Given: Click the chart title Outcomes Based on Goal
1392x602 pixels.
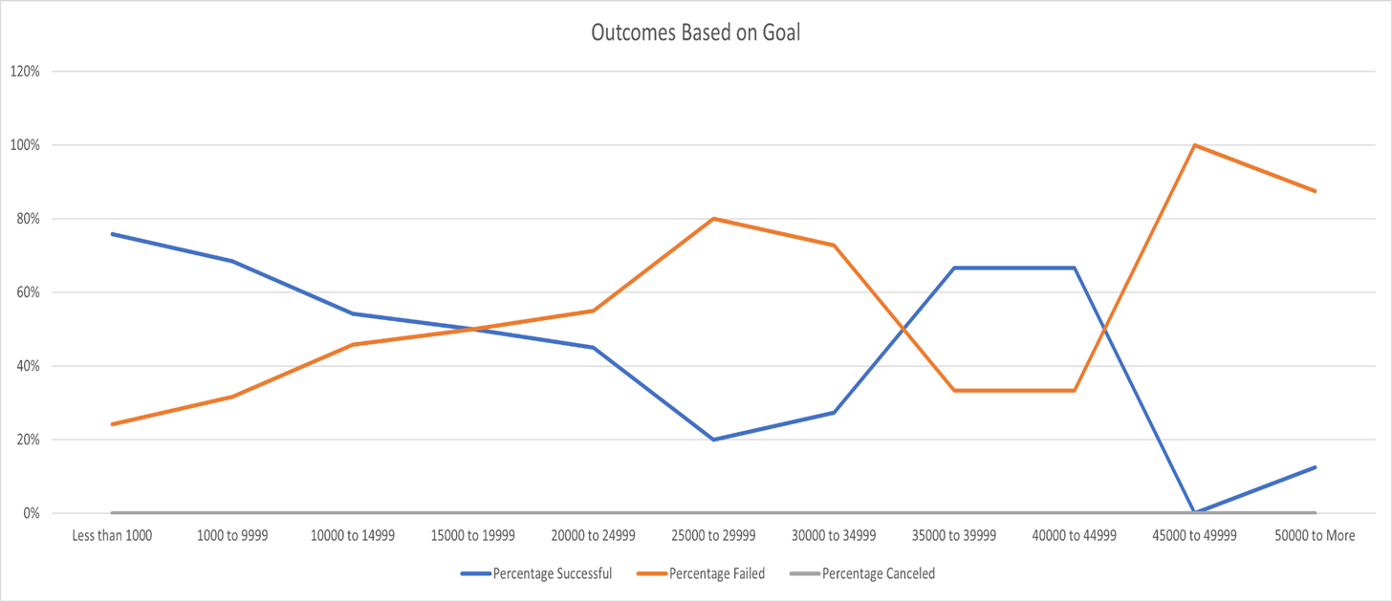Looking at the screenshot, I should tap(695, 32).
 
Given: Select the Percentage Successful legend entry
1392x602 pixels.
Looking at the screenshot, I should tap(552, 574).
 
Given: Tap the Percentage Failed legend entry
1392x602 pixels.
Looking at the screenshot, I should tap(716, 574).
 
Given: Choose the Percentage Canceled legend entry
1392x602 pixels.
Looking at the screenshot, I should tap(878, 574).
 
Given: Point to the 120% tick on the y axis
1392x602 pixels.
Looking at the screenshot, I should tap(25, 72).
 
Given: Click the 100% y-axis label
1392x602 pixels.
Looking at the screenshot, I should tap(25, 145).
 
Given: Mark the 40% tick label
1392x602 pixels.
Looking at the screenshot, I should tap(27, 366).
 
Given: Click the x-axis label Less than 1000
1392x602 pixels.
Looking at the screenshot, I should tap(112, 536).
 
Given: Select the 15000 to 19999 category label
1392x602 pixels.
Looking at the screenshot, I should tap(473, 536).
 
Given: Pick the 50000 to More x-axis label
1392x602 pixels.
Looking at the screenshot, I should tap(1316, 536).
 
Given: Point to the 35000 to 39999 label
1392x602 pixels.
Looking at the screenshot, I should tap(954, 536).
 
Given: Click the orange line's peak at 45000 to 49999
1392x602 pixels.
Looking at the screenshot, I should tap(1195, 145).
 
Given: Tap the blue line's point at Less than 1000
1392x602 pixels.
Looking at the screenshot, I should tap(112, 234).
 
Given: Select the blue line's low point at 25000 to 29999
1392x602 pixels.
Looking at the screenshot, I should tap(713, 440).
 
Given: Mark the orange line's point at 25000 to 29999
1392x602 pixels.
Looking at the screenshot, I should tap(713, 219).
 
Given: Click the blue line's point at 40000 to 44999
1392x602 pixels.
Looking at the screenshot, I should tap(1075, 268).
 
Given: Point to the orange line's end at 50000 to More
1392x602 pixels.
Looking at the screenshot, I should tap(1316, 191).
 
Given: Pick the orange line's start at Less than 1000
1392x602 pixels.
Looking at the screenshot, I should tap(112, 424).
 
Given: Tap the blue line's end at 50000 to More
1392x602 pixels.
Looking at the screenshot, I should tap(1316, 467).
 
